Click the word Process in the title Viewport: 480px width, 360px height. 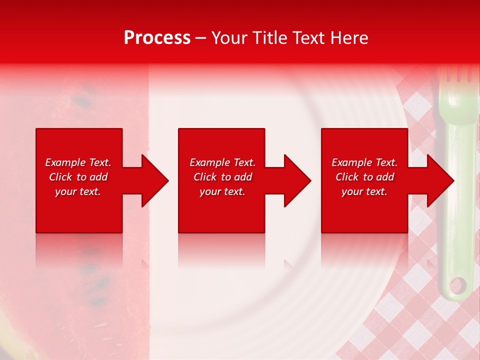[157, 38]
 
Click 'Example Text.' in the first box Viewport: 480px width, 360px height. [78, 162]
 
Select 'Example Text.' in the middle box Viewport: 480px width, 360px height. [222, 162]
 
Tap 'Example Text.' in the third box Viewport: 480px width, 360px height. [364, 162]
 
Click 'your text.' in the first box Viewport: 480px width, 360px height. [78, 191]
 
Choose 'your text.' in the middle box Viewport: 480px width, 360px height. [222, 191]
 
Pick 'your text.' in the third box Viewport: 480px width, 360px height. [364, 191]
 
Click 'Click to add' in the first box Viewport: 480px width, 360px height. [78, 177]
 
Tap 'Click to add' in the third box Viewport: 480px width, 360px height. [364, 177]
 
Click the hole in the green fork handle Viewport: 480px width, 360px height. [457, 286]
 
